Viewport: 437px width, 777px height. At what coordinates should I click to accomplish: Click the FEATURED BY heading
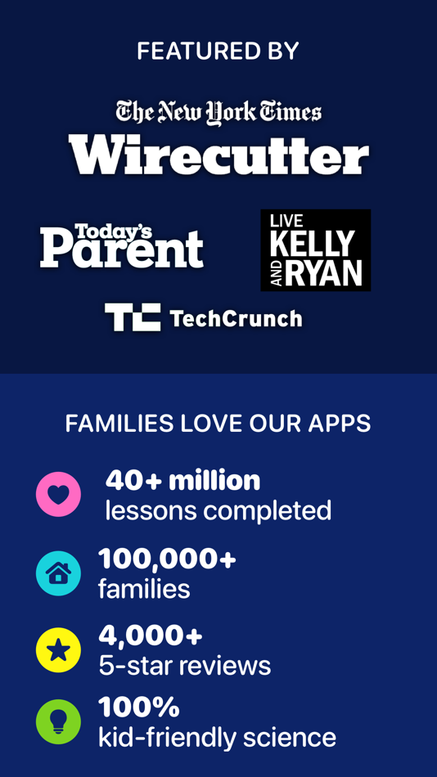(x=218, y=51)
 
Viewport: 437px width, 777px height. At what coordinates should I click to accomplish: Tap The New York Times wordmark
(x=218, y=111)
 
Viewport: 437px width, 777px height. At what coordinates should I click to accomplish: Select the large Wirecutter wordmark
(x=218, y=153)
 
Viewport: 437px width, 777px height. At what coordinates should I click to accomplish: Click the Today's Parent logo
(x=122, y=246)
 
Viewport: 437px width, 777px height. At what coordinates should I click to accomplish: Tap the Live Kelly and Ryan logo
(x=315, y=249)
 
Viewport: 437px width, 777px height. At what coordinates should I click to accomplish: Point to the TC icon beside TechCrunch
(x=133, y=317)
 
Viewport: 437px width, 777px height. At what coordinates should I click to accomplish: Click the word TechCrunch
(x=236, y=318)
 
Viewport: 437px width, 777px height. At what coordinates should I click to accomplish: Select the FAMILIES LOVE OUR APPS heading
(x=218, y=424)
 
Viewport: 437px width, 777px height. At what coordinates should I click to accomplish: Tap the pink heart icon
(x=58, y=494)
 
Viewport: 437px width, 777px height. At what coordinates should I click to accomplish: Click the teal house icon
(x=58, y=573)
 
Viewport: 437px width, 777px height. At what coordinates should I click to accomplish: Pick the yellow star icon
(x=58, y=649)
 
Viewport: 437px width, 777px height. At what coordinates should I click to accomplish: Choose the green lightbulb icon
(x=58, y=721)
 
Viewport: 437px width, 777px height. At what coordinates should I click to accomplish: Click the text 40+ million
(x=182, y=481)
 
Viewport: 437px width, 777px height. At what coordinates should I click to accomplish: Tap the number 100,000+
(x=167, y=559)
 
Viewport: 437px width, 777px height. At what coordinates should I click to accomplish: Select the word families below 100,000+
(x=144, y=589)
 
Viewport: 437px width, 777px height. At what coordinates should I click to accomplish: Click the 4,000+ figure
(x=151, y=636)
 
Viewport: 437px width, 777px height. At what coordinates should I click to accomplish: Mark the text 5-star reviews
(x=184, y=666)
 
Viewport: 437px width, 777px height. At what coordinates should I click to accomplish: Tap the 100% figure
(x=138, y=707)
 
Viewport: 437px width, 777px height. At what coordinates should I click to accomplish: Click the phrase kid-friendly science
(x=217, y=738)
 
